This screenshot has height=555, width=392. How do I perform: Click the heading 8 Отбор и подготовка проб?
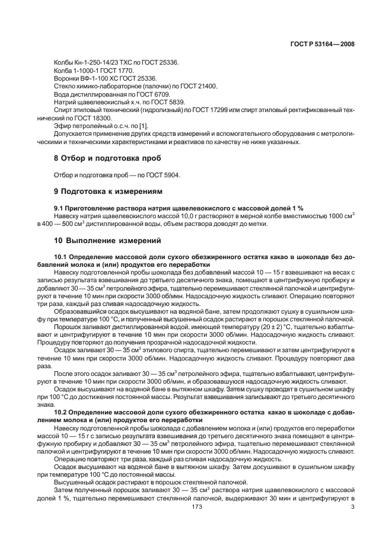point(100,158)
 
